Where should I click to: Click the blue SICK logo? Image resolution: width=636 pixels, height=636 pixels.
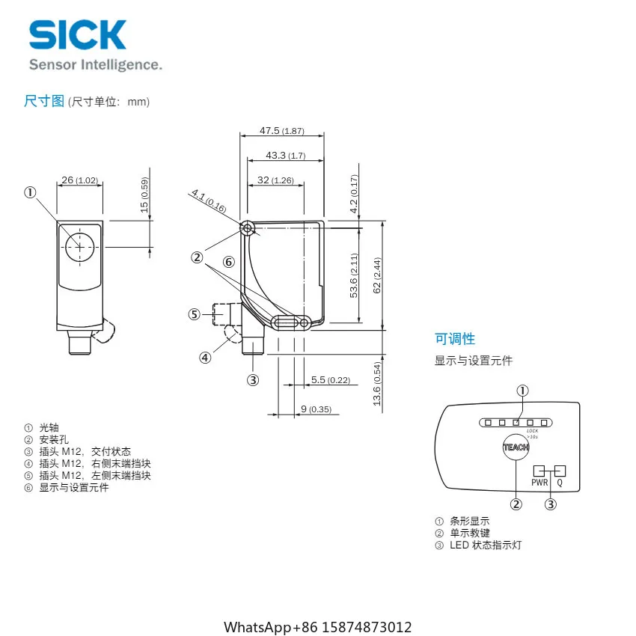(x=78, y=35)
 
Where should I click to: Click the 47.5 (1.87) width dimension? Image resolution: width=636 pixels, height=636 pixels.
(x=282, y=131)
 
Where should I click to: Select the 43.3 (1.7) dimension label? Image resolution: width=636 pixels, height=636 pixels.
(x=286, y=156)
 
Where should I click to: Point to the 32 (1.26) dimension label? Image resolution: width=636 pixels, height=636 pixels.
(x=275, y=180)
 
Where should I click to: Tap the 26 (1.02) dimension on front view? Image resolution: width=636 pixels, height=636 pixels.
(x=80, y=180)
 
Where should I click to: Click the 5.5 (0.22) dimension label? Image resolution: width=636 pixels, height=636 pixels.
(x=331, y=380)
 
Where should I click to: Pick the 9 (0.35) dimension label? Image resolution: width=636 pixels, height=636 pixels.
(x=316, y=409)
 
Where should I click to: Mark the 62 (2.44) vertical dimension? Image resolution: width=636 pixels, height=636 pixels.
(x=377, y=275)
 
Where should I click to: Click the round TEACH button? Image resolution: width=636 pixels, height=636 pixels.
(x=516, y=447)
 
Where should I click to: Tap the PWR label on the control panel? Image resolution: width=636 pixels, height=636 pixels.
(x=539, y=483)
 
